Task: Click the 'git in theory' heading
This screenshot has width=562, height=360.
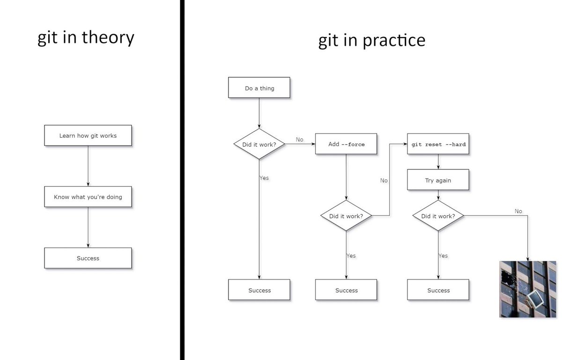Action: (86, 37)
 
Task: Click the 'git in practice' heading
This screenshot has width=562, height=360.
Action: (371, 40)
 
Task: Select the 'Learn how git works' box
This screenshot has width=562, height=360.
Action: (88, 136)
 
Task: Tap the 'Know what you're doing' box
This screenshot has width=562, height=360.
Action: (88, 197)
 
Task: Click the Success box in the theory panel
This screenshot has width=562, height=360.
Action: (88, 258)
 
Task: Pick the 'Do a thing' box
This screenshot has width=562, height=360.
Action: (259, 88)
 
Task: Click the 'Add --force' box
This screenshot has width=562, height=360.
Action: (347, 144)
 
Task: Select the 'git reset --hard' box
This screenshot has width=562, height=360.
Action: (438, 144)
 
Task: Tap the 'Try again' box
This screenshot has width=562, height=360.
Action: (438, 180)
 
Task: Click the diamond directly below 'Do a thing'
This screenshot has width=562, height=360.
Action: (259, 144)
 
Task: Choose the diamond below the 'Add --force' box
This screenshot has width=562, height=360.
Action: (346, 216)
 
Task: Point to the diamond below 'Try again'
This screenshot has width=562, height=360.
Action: (438, 216)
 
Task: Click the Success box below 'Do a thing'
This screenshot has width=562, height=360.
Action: (259, 290)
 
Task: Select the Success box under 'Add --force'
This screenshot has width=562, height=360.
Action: (347, 290)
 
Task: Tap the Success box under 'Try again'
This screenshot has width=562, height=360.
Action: (438, 290)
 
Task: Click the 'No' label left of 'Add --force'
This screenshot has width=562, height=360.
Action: (300, 140)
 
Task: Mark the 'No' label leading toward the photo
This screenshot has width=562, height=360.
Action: (518, 211)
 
